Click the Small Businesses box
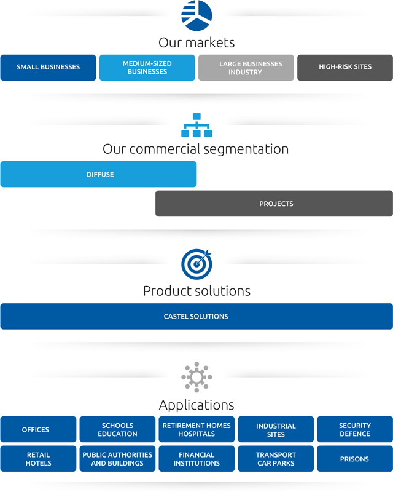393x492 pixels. click(48, 67)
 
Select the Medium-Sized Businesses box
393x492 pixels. click(147, 67)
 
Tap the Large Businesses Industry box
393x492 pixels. click(246, 67)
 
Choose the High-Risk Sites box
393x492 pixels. click(344, 67)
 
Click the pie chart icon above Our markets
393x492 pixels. click(196, 15)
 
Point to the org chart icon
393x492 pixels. click(196, 125)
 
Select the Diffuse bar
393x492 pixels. click(98, 174)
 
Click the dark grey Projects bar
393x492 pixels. click(274, 204)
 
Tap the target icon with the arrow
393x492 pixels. click(196, 264)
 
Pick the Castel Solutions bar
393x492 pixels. click(196, 316)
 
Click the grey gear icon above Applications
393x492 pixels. click(196, 376)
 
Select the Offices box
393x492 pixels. click(38, 429)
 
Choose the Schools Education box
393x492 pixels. click(117, 429)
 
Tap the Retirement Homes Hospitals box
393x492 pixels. click(196, 429)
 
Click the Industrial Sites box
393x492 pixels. click(276, 429)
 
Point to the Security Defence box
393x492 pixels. click(355, 429)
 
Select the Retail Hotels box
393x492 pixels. click(38, 459)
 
